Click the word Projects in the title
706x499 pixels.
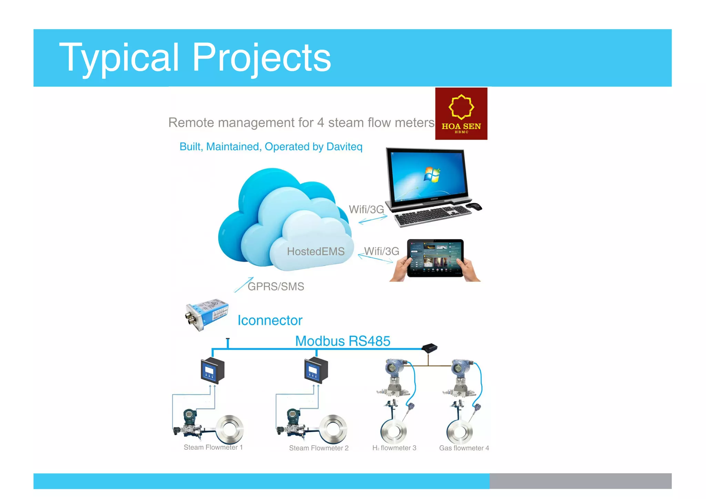(x=261, y=58)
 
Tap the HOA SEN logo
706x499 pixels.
(x=461, y=113)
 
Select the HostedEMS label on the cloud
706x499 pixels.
(x=315, y=251)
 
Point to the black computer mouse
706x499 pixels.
(x=474, y=207)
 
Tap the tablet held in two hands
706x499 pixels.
(x=435, y=258)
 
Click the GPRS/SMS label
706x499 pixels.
(x=276, y=287)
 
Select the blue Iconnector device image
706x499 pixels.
(x=206, y=314)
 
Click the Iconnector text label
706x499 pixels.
(x=270, y=320)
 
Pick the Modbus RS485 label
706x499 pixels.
(x=343, y=341)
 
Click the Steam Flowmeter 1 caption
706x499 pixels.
(x=213, y=447)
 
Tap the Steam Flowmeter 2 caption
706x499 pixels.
(x=319, y=448)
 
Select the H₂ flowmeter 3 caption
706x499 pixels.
(x=394, y=448)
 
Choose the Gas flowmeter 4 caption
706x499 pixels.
(x=464, y=448)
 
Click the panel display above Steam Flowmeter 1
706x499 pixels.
(x=212, y=371)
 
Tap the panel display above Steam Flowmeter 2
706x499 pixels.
(x=315, y=371)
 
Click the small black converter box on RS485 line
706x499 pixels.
(x=430, y=348)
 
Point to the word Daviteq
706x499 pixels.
(x=344, y=147)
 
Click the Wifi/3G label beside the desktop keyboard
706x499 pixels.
(x=366, y=209)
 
